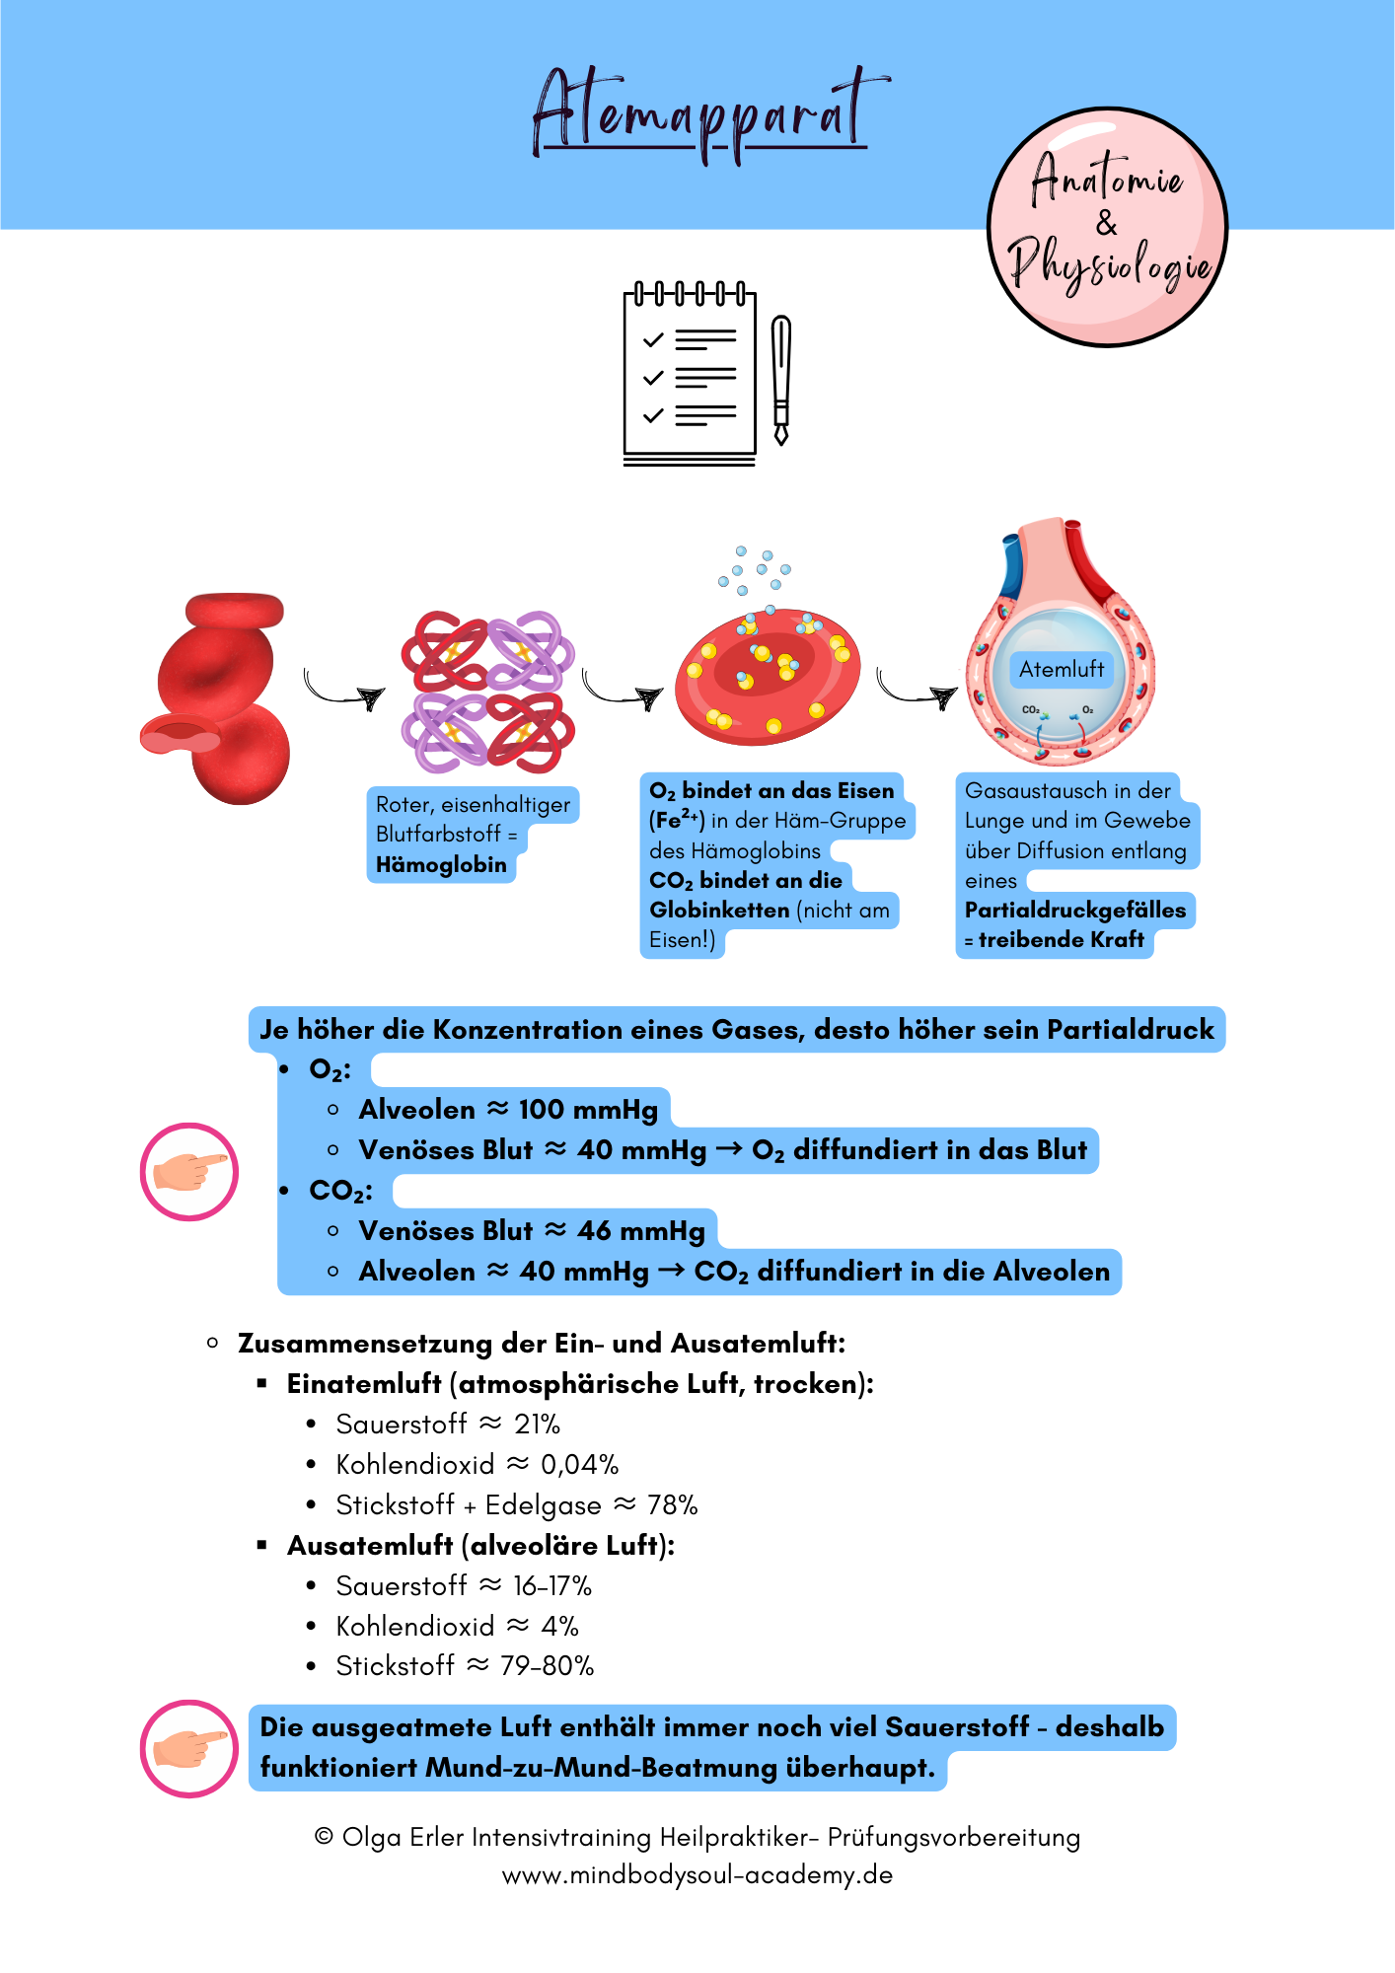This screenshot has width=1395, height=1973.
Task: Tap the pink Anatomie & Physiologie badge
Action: pos(1107,227)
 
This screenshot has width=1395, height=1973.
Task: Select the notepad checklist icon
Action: pos(690,375)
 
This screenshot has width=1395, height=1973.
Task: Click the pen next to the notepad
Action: pos(781,380)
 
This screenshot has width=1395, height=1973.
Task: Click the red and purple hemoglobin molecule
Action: pos(487,692)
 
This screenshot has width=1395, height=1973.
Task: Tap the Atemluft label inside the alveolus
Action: pos(1062,669)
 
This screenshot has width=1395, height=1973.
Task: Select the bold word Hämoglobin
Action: pos(441,865)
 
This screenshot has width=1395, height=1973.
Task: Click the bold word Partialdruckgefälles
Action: pos(1075,910)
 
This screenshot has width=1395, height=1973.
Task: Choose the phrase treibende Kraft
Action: pos(1061,940)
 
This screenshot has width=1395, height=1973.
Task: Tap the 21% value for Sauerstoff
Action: pos(538,1425)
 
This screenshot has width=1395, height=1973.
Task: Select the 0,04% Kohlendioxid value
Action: pos(580,1465)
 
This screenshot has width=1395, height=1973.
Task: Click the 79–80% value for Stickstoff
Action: pos(548,1666)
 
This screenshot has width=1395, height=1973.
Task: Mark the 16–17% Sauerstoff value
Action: pos(552,1586)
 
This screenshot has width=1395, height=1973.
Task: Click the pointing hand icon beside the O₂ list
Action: pos(189,1172)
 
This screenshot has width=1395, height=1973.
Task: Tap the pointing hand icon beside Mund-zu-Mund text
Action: pos(189,1748)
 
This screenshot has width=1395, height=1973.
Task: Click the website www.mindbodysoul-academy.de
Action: pos(697,1875)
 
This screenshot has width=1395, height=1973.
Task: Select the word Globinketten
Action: pos(719,911)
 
